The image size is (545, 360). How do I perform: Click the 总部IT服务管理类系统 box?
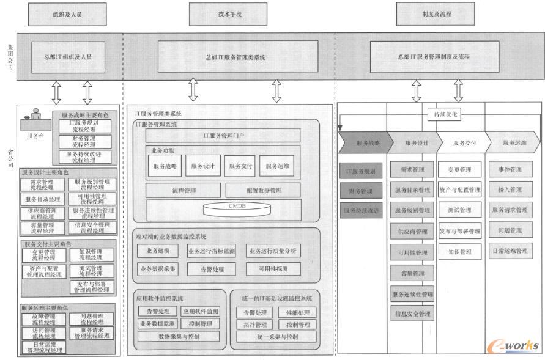[238, 57]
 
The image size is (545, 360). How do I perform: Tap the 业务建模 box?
[157, 251]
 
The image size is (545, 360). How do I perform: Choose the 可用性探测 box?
[273, 268]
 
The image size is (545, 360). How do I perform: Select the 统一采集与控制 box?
[269, 336]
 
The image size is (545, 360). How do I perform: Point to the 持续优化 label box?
[446, 114]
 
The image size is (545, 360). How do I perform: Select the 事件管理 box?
[510, 169]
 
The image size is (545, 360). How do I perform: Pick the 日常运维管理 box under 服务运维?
[510, 251]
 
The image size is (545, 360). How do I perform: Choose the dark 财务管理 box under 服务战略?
[361, 191]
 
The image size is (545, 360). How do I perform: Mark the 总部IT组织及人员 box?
[67, 57]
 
